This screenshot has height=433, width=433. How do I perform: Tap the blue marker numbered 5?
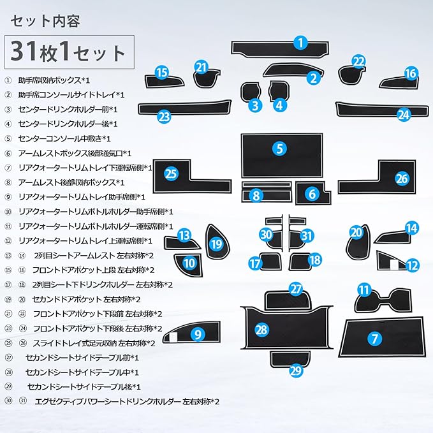279,149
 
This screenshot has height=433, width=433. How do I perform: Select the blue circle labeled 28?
261,329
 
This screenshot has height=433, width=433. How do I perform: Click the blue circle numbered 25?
170,172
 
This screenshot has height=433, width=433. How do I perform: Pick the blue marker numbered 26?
401,178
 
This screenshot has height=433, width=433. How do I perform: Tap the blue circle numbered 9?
198,333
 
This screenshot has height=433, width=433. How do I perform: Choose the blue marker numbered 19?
216,244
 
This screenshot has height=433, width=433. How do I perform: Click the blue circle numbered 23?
165,116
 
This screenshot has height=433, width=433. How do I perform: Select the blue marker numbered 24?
402,115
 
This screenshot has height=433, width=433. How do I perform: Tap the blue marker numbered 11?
364,291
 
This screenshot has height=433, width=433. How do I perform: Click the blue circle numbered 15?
162,73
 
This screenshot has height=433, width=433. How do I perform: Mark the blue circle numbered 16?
410,73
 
